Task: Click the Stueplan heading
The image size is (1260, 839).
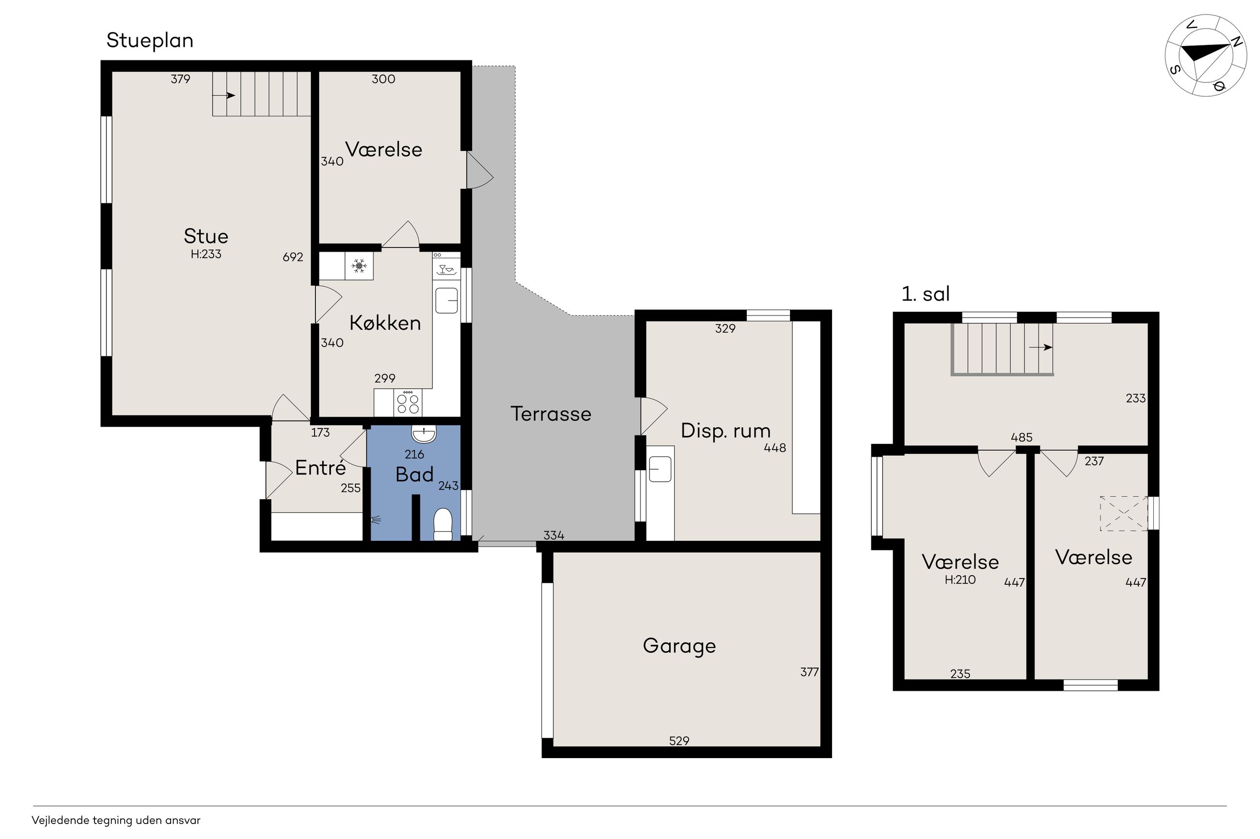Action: pyautogui.click(x=150, y=41)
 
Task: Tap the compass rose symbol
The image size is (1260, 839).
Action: pyautogui.click(x=1206, y=55)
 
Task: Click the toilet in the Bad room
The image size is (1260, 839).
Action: pyautogui.click(x=442, y=524)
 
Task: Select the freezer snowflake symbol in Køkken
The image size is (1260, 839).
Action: pyautogui.click(x=359, y=265)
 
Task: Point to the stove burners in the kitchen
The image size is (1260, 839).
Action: pyautogui.click(x=408, y=403)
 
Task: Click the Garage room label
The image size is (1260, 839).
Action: pyautogui.click(x=679, y=646)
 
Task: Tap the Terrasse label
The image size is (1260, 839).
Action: pyautogui.click(x=551, y=413)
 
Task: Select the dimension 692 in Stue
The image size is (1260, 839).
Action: pyautogui.click(x=293, y=258)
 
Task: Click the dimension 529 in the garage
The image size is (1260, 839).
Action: pyautogui.click(x=679, y=741)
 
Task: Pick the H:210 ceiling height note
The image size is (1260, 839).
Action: pyautogui.click(x=960, y=580)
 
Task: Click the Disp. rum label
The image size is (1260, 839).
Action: pyautogui.click(x=725, y=431)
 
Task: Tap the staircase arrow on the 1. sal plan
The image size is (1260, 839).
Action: pyautogui.click(x=1040, y=347)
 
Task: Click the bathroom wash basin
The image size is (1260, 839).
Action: pyautogui.click(x=424, y=434)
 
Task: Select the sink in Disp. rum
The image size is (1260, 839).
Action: pyautogui.click(x=660, y=469)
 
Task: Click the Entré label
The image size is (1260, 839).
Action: pyautogui.click(x=321, y=468)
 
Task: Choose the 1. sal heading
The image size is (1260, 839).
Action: pyautogui.click(x=926, y=294)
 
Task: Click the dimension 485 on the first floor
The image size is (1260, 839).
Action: pyautogui.click(x=1021, y=438)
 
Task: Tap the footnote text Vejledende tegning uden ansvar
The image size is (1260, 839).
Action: pyautogui.click(x=116, y=820)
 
